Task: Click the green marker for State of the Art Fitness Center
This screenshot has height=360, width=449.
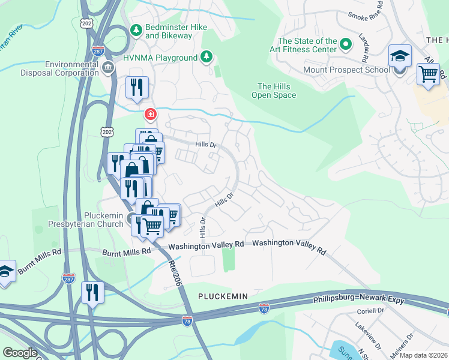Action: click(346, 44)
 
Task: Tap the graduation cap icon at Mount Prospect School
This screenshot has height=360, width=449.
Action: click(399, 56)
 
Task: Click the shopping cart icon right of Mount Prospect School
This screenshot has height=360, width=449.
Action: click(428, 74)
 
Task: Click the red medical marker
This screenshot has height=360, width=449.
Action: click(150, 113)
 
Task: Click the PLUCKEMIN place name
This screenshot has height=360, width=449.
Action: click(222, 296)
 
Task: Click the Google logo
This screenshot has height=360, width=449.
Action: click(19, 353)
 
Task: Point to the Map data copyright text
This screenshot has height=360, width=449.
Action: click(423, 355)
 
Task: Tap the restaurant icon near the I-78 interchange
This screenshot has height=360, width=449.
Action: click(92, 293)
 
